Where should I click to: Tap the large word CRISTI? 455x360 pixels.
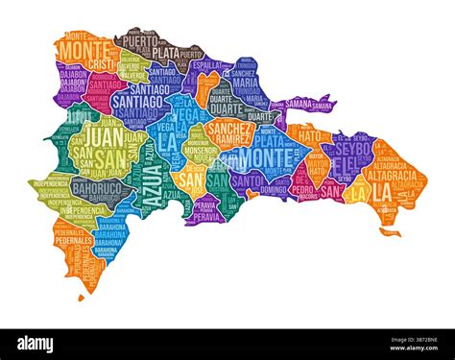pyautogui.click(x=101, y=63)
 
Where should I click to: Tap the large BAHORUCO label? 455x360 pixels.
pyautogui.click(x=96, y=188)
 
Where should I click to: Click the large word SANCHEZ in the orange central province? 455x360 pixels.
pyautogui.click(x=229, y=128)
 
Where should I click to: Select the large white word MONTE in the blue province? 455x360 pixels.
pyautogui.click(x=256, y=156)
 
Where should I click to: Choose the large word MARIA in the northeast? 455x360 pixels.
pyautogui.click(x=245, y=83)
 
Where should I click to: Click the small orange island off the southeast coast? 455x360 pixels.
pyautogui.click(x=389, y=231)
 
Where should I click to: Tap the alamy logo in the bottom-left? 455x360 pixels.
pyautogui.click(x=35, y=344)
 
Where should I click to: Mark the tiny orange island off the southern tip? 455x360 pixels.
pyautogui.click(x=82, y=297)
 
